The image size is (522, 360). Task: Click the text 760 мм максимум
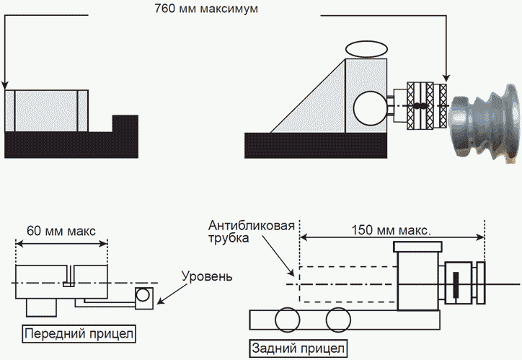click(x=205, y=10)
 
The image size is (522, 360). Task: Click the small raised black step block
click(x=125, y=123)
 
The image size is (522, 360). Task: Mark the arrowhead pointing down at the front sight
click(x=6, y=82)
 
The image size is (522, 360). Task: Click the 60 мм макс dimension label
click(x=61, y=232)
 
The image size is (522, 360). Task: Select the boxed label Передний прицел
click(x=79, y=335)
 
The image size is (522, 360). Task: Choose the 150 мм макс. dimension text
click(x=391, y=232)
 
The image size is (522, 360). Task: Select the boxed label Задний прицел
click(x=298, y=348)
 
